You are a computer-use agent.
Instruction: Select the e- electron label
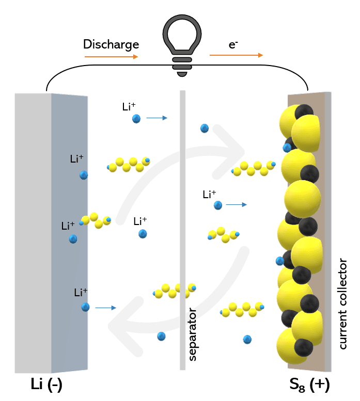[233, 45]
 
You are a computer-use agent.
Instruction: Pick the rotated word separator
[193, 334]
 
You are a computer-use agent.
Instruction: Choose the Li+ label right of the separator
[209, 195]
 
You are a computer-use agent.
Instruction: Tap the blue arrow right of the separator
[237, 205]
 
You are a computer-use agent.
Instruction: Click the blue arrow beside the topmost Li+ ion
[156, 118]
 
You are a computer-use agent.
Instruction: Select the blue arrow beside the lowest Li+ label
[105, 308]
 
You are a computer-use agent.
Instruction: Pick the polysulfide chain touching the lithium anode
[96, 220]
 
